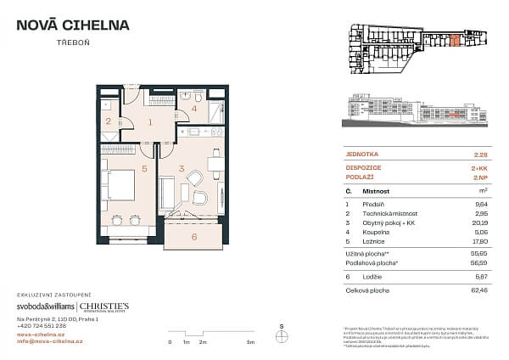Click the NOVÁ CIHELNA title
(74, 25)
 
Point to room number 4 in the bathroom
(193, 109)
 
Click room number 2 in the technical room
(108, 121)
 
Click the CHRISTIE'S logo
(104, 307)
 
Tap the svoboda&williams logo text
(45, 307)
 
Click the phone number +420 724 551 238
(43, 326)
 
